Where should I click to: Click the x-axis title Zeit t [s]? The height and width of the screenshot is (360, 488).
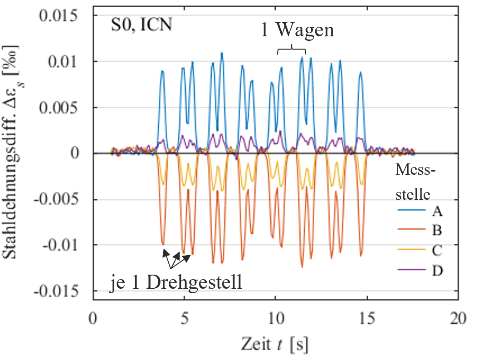click(275, 344)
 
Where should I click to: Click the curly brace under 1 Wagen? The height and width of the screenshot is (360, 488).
click(292, 49)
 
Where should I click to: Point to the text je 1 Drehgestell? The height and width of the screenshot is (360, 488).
click(176, 283)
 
